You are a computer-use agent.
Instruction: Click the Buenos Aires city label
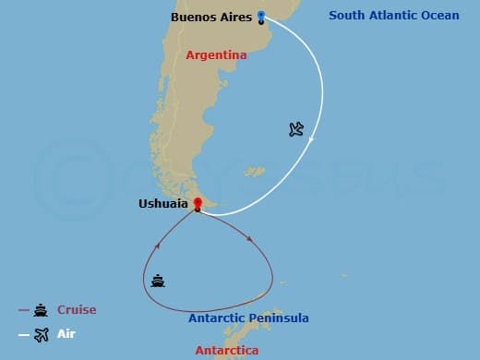[211, 17]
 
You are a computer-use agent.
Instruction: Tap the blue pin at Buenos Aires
[261, 16]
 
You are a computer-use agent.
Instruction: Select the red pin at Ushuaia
[197, 203]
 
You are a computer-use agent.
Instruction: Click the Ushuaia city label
[163, 203]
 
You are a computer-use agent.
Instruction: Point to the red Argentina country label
[216, 55]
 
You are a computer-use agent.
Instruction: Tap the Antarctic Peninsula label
[248, 318]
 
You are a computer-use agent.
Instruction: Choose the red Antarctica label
[228, 351]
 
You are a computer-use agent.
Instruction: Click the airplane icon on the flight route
[295, 129]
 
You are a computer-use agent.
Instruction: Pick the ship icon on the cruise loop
[158, 281]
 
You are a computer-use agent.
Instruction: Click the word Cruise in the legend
[77, 310]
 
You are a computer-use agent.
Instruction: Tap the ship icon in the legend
[41, 311]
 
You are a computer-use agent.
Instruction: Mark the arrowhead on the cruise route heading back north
[158, 246]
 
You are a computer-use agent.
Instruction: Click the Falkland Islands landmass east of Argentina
[253, 171]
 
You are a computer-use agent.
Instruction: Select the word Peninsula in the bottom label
[277, 318]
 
